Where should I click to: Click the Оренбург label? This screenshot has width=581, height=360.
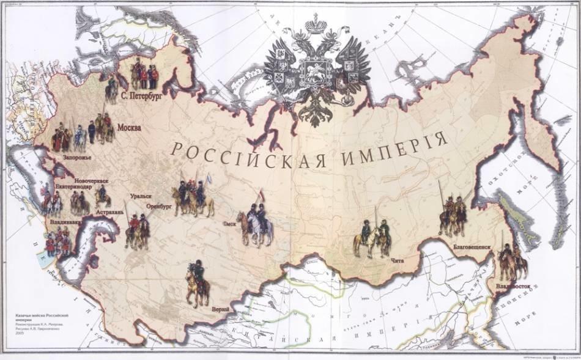(x=160, y=207)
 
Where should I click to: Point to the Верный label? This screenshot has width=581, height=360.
(x=220, y=310)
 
